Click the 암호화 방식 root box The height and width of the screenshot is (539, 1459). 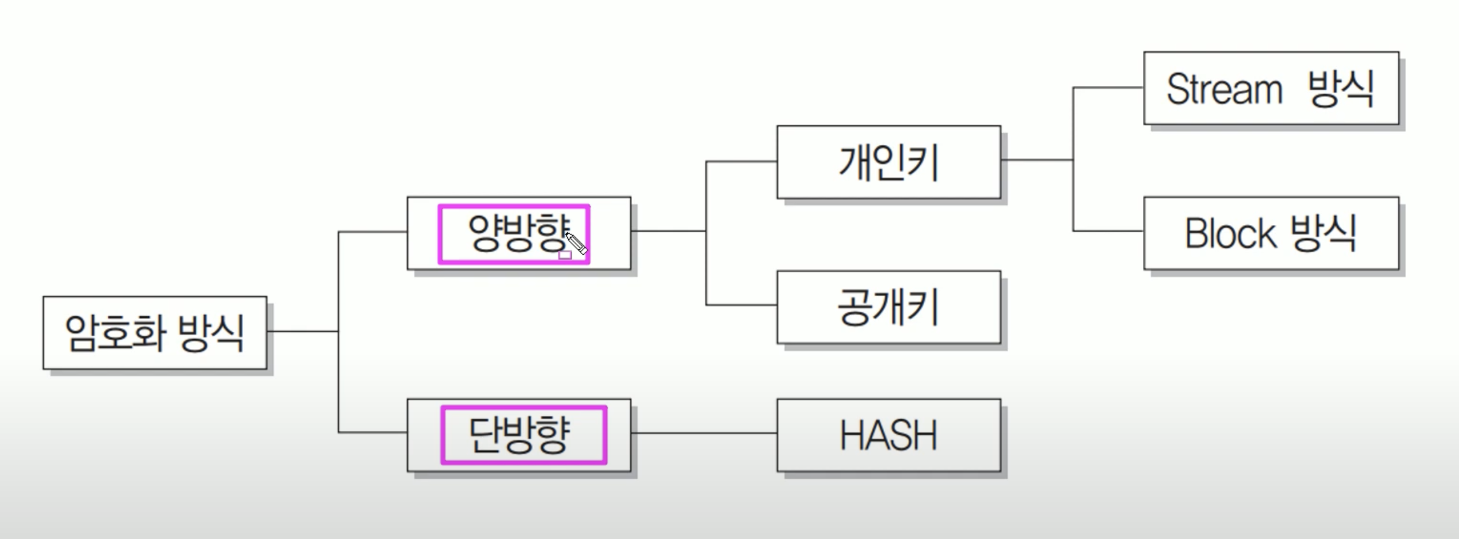click(155, 332)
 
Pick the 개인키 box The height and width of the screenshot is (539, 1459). click(889, 162)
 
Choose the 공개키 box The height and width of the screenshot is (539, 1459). click(889, 308)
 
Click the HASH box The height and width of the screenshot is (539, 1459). click(889, 435)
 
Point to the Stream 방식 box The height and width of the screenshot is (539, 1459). click(1271, 88)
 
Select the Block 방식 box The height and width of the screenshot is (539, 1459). click(1271, 233)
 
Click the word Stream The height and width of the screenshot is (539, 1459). click(1224, 89)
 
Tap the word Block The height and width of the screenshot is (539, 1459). click(1229, 234)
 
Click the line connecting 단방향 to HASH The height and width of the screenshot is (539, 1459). click(703, 433)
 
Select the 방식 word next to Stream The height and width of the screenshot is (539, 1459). click(1341, 88)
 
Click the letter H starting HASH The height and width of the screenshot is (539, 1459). click(852, 436)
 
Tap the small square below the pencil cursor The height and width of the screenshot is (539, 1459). click(565, 256)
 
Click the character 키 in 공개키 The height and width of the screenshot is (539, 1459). click(925, 308)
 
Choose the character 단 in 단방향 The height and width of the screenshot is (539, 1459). click(485, 435)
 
